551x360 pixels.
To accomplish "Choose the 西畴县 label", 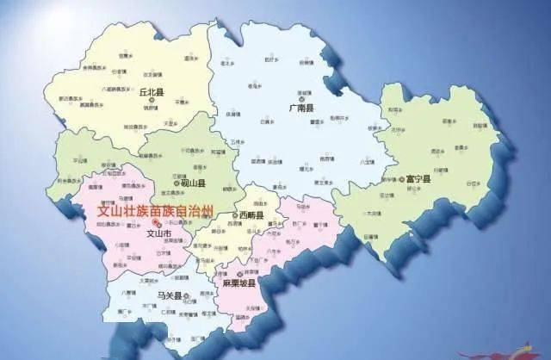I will coord(251,214).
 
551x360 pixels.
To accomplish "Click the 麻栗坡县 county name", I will coord(236,282).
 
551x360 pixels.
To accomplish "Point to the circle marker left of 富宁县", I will coord(402,179).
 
